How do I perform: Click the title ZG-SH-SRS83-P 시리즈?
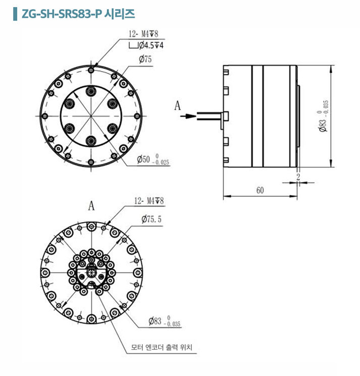78,14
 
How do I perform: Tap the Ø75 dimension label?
145,59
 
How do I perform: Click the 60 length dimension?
260,190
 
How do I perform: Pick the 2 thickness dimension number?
298,177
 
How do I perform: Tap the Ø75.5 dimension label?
151,219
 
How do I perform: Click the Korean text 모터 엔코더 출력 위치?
162,347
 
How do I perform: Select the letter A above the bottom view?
91,206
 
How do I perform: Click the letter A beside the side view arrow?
178,106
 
